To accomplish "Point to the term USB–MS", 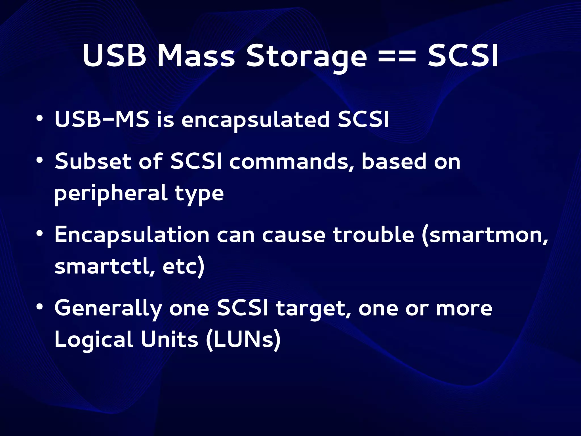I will [102, 119].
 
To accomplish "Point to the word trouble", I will [374, 235].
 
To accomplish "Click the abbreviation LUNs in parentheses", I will [243, 340].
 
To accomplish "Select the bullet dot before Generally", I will [40, 307].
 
